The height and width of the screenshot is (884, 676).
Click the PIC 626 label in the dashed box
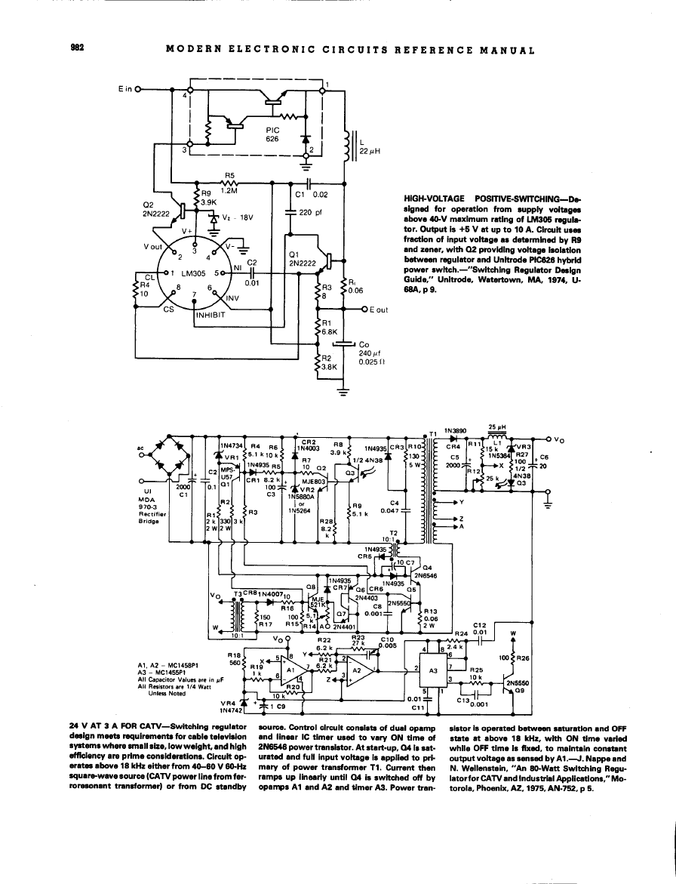[273, 134]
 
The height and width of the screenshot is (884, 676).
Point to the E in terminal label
[126, 89]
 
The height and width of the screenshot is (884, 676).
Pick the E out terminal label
[375, 310]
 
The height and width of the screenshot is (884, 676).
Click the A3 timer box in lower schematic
[433, 670]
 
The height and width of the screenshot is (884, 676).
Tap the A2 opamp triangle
[359, 670]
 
